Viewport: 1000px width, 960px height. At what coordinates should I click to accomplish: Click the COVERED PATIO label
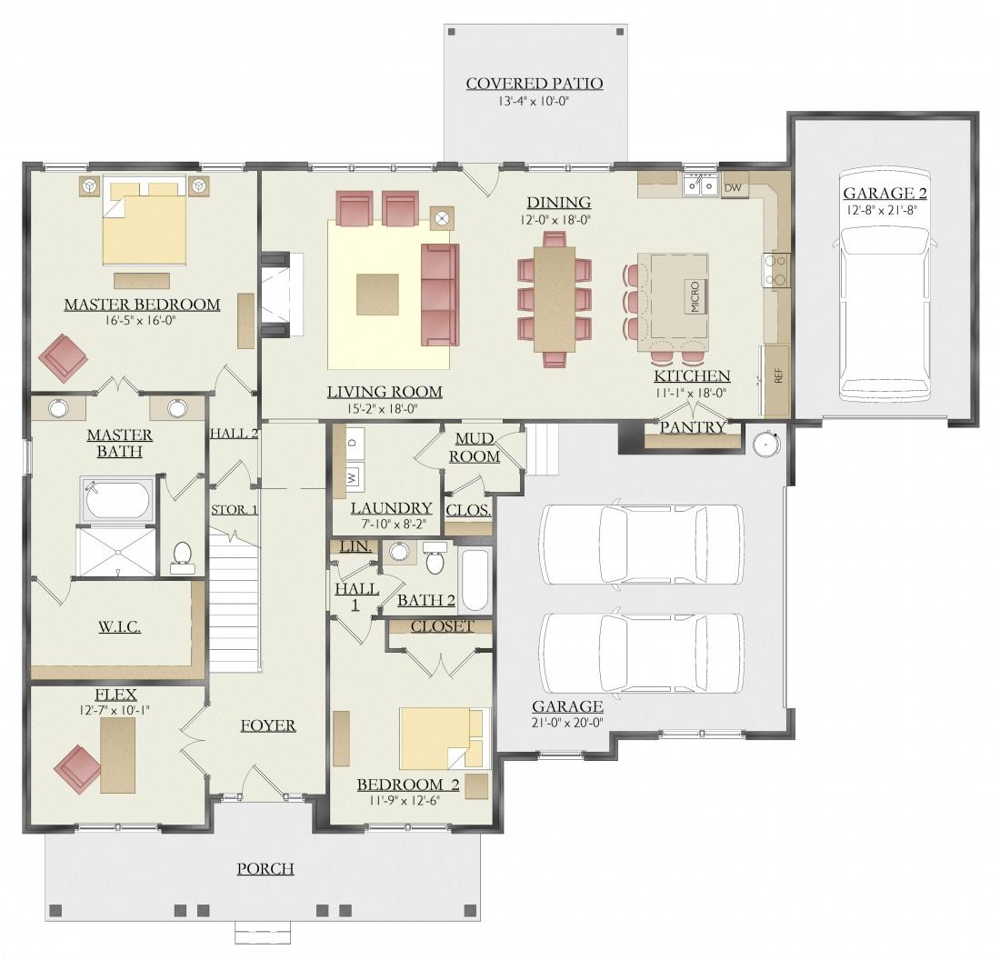(535, 84)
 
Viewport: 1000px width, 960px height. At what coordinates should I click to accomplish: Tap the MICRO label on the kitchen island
(695, 296)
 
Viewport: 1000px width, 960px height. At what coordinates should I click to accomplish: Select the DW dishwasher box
(734, 188)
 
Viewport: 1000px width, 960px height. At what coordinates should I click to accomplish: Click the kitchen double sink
(700, 185)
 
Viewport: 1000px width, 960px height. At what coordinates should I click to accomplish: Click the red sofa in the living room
(439, 294)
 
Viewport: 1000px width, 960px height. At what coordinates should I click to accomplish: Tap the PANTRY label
(693, 427)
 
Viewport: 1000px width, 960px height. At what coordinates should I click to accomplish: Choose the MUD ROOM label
(474, 447)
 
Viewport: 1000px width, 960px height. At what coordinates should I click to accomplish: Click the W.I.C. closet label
(119, 627)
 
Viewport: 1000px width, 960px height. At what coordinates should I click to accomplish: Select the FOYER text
(268, 725)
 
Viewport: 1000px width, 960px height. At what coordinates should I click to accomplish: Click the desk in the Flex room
(118, 755)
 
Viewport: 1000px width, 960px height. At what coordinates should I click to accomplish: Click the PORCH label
(265, 869)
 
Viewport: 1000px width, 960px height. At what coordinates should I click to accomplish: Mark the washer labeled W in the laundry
(354, 476)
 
